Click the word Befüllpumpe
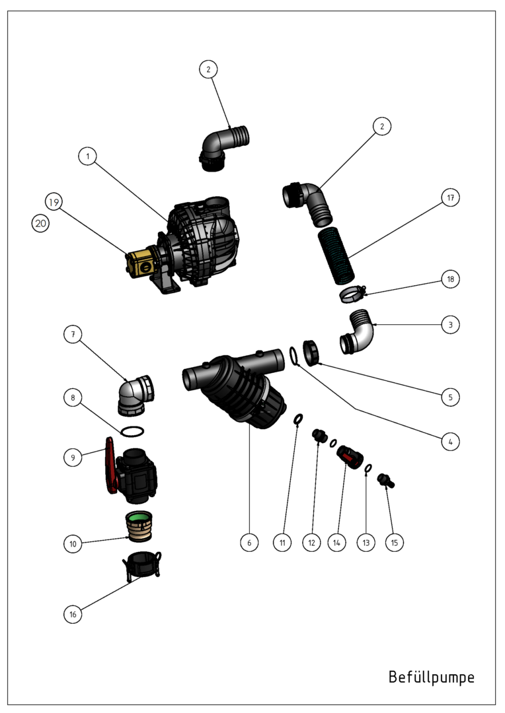tap(431, 677)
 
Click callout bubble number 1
tap(87, 156)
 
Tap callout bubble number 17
tap(450, 197)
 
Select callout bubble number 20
tap(40, 223)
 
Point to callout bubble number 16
tap(73, 615)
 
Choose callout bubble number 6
tap(249, 543)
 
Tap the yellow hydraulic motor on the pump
tap(142, 263)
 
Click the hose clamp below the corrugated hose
tap(353, 294)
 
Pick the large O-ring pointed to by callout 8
tap(133, 431)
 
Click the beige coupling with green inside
tap(139, 526)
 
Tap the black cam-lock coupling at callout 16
tap(141, 566)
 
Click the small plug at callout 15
tap(386, 481)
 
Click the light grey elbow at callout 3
tap(357, 332)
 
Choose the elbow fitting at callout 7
tap(137, 395)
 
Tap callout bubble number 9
tap(73, 458)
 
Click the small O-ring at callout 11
tap(298, 419)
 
